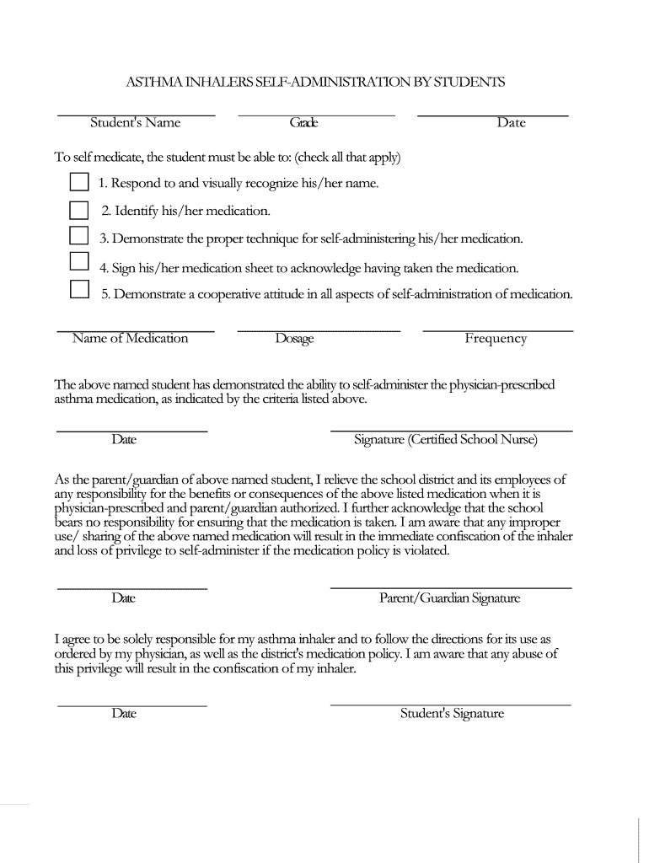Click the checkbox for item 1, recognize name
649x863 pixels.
pyautogui.click(x=78, y=182)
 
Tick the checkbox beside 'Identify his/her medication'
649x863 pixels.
pyautogui.click(x=78, y=210)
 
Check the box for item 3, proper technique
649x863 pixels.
pyautogui.click(x=78, y=235)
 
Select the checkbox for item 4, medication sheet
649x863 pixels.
pyautogui.click(x=78, y=261)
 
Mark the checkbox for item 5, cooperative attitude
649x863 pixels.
pyautogui.click(x=78, y=290)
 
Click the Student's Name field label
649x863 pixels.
pyautogui.click(x=136, y=123)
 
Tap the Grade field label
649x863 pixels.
pyautogui.click(x=303, y=123)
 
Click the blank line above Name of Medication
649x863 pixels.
pyautogui.click(x=135, y=330)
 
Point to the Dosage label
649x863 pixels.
pyautogui.click(x=294, y=339)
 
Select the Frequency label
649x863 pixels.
pyautogui.click(x=496, y=339)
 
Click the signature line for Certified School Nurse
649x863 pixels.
pyautogui.click(x=451, y=431)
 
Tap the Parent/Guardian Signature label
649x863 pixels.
pyautogui.click(x=449, y=598)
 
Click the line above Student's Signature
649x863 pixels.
pyautogui.click(x=450, y=704)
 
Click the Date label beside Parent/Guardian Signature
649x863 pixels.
pyautogui.click(x=124, y=598)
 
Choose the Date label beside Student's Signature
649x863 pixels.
pyautogui.click(x=124, y=714)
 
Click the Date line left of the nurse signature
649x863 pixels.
pyautogui.click(x=131, y=431)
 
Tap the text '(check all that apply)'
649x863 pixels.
pyautogui.click(x=347, y=157)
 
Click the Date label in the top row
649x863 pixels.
pyautogui.click(x=511, y=123)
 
